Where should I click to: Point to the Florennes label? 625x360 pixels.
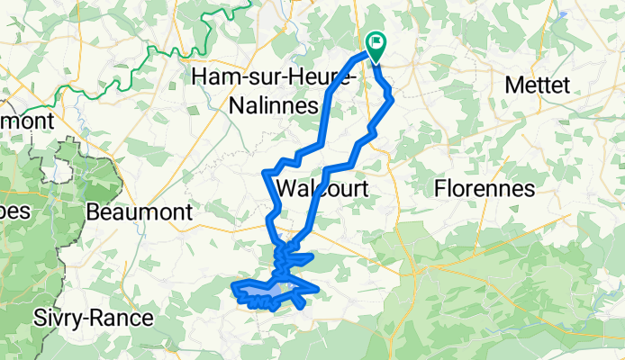click(x=485, y=189)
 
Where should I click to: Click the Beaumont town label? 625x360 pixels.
click(x=140, y=212)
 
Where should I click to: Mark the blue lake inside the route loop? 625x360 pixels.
click(x=267, y=293)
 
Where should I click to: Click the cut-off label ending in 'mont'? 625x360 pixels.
click(x=26, y=119)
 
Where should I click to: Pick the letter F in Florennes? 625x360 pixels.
click(x=440, y=189)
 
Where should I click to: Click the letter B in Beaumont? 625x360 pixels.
click(x=95, y=212)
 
